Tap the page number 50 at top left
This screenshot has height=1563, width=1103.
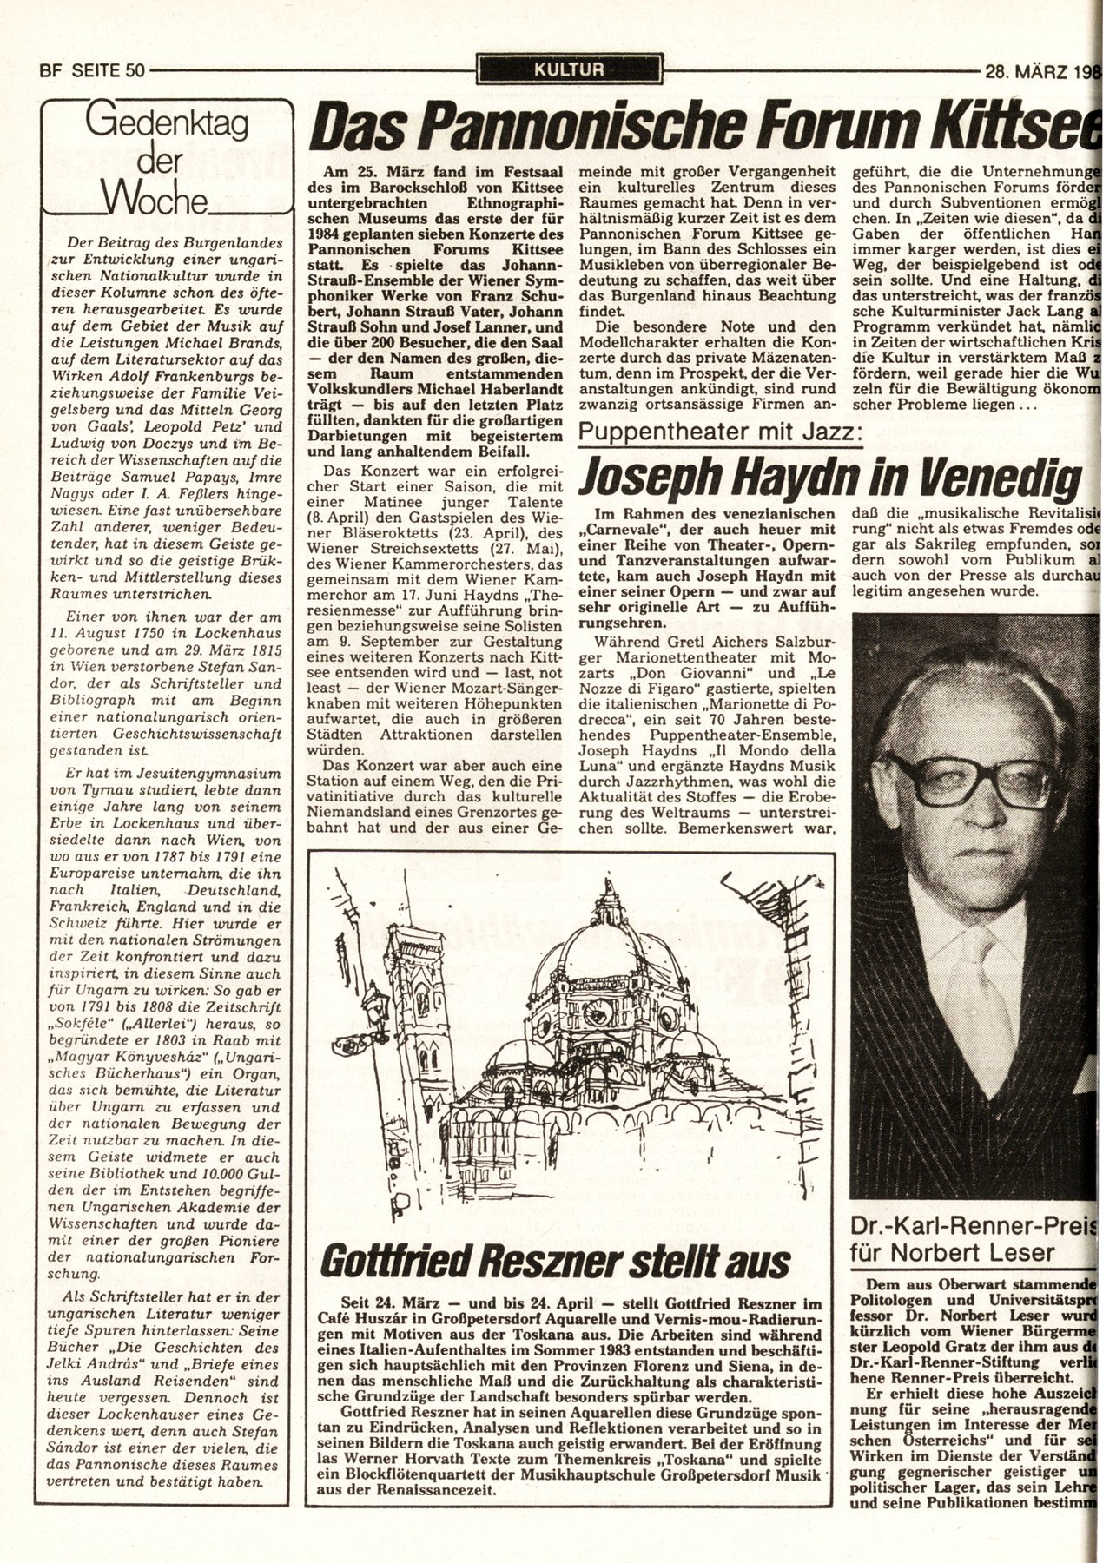134,72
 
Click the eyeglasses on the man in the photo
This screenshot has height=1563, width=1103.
955,779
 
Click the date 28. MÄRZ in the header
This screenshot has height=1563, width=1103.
1026,72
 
